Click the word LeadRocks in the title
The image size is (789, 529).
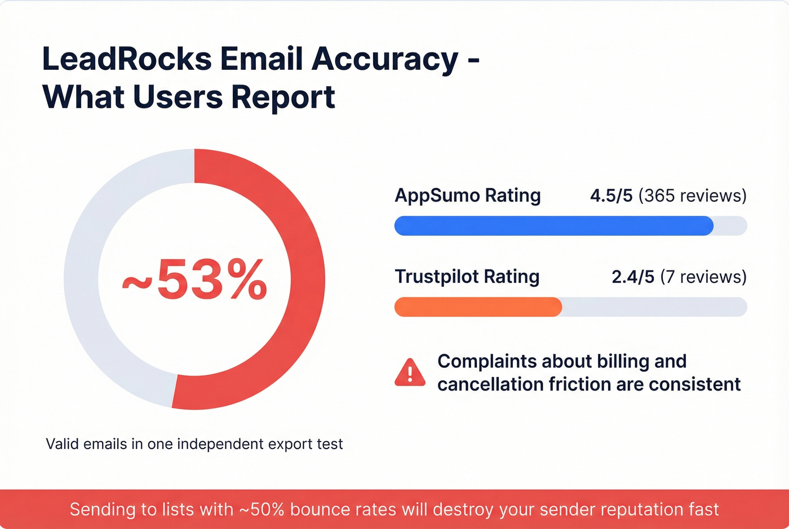tap(127, 59)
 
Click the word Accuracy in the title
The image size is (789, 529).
tap(385, 59)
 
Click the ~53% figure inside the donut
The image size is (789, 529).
tap(194, 279)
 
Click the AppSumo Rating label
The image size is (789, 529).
tap(467, 195)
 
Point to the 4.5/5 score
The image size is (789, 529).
tap(611, 195)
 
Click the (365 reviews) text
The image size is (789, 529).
tap(692, 195)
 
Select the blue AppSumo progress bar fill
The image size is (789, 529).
tap(552, 226)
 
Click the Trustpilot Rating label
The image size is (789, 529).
tap(467, 277)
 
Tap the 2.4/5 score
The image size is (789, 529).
tap(633, 277)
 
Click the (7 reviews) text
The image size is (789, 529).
tap(703, 277)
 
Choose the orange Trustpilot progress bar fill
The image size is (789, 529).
tap(478, 307)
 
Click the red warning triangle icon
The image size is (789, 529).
tap(410, 373)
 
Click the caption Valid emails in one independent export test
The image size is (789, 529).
tap(194, 444)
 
